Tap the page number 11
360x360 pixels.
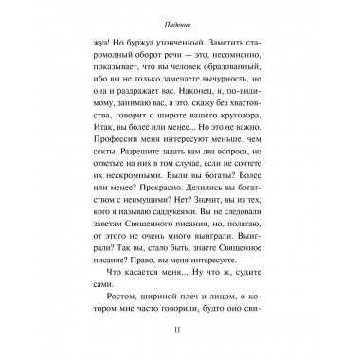click(x=180, y=331)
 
